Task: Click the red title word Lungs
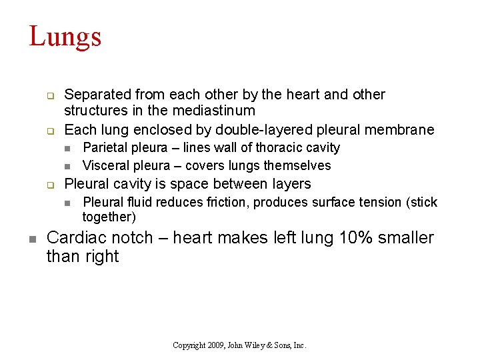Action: point(65,37)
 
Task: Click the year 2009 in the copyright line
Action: point(215,345)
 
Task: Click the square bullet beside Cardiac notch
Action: point(32,238)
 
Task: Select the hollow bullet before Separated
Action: point(49,95)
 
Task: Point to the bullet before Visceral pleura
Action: point(67,166)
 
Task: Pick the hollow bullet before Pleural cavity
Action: point(49,185)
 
